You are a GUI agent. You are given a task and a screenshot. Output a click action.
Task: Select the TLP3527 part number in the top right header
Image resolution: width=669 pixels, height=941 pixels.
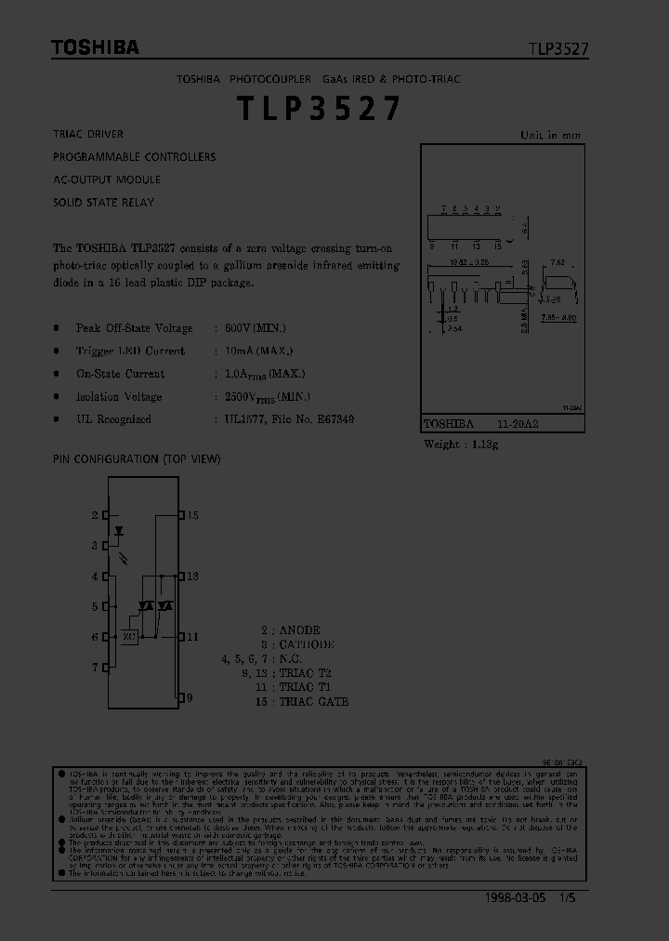558,49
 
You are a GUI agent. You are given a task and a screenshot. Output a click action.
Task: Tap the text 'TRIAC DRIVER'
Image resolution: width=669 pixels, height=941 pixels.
88,135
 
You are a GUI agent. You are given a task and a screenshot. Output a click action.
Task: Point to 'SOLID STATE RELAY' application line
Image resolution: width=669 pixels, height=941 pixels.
103,202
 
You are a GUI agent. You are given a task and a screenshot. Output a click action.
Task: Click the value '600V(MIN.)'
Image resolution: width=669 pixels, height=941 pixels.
255,328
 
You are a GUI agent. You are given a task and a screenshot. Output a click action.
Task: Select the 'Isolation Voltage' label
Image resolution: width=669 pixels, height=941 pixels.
119,397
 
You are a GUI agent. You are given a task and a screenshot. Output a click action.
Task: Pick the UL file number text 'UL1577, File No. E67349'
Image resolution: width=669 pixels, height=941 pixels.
288,419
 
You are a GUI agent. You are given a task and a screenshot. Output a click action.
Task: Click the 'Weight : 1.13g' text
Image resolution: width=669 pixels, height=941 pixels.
461,444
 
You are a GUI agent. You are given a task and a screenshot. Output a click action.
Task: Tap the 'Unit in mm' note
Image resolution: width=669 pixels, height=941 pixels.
550,136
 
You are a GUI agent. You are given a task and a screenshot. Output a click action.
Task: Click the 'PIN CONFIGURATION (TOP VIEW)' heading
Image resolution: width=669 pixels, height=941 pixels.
137,459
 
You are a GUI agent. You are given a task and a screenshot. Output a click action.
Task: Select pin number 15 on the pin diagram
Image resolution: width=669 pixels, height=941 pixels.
192,515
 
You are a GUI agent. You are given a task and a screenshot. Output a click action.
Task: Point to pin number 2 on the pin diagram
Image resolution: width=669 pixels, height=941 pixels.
95,515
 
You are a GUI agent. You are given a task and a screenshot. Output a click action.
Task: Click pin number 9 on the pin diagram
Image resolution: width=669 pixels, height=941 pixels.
190,696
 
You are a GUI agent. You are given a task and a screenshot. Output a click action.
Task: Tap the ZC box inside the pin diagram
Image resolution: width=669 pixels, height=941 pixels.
128,637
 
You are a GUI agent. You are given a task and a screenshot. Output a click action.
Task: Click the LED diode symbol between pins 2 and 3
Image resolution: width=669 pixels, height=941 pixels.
119,531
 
